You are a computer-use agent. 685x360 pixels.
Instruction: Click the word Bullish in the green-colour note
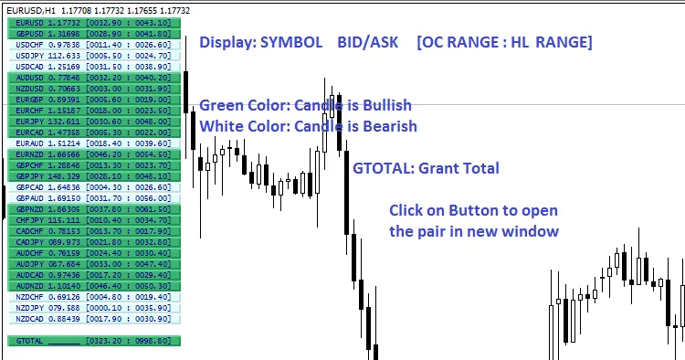tap(381, 105)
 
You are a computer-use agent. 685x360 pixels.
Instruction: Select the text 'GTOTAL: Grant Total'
tap(426, 168)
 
